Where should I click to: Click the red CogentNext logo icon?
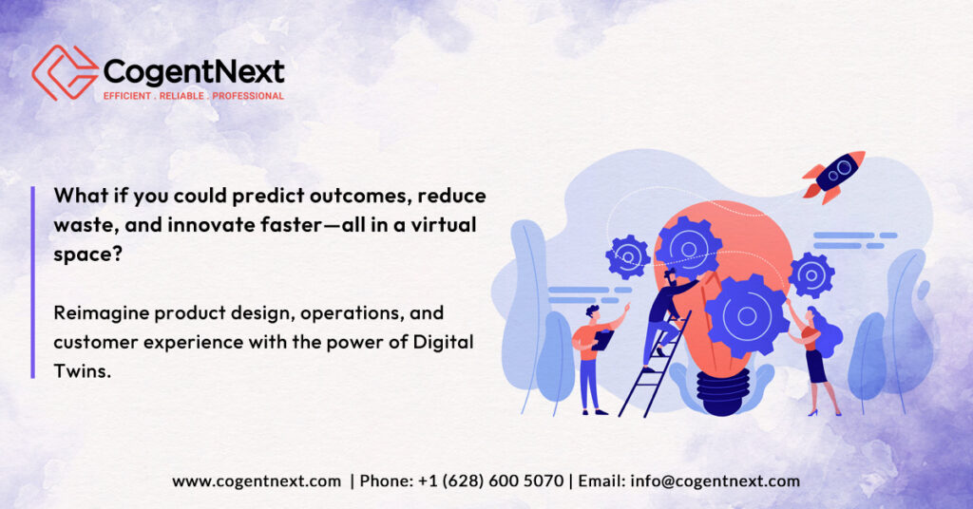[66, 72]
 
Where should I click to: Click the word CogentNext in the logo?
[194, 72]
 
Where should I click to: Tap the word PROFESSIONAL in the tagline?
[248, 96]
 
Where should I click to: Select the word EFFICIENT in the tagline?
[127, 96]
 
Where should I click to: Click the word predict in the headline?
[267, 196]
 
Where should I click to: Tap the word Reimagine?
[101, 313]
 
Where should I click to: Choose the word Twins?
[82, 370]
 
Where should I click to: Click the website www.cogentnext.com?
[257, 481]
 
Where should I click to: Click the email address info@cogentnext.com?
[715, 481]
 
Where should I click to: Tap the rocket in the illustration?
[833, 177]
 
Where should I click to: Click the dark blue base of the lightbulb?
[723, 391]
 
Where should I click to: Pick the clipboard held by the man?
[601, 340]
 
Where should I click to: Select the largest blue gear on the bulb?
[747, 316]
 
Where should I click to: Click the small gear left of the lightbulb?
[627, 256]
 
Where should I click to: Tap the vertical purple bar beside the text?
[33, 282]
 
